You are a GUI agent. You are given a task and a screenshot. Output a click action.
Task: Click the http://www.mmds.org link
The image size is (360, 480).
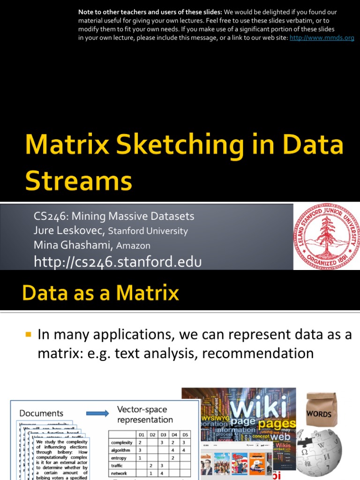[x=322, y=38]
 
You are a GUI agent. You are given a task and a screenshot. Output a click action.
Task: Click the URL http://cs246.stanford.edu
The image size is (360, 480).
[x=118, y=262]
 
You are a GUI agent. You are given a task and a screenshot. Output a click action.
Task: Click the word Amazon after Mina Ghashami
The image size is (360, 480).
[x=134, y=246]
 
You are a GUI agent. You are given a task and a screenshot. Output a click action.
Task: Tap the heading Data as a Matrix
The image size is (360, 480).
[x=101, y=293]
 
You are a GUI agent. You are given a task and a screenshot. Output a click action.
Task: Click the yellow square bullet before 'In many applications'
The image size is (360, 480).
[x=28, y=335]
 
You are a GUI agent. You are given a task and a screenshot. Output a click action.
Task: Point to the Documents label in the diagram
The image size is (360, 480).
[x=41, y=413]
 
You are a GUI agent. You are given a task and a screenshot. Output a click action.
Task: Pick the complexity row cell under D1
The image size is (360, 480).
[x=140, y=442]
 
